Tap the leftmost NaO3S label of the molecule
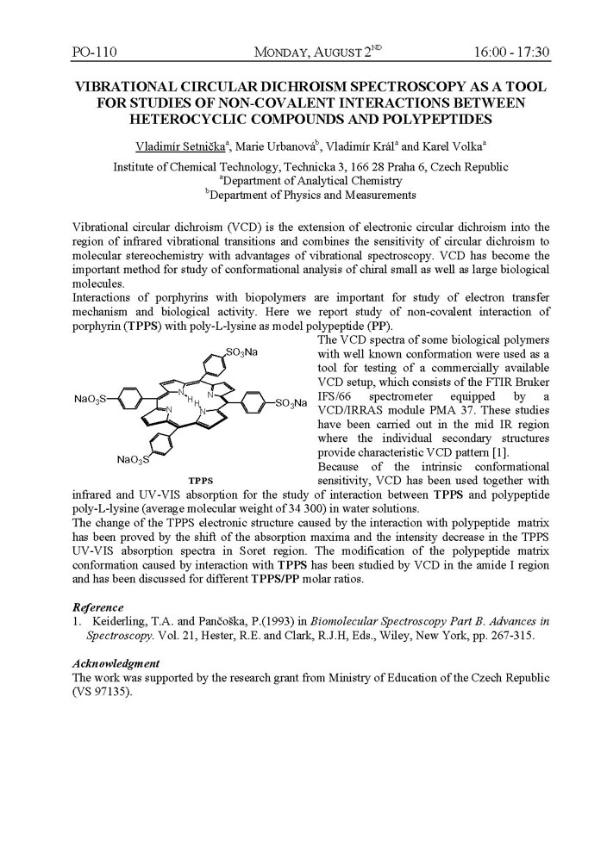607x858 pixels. (x=91, y=400)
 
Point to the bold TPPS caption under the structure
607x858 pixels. (x=201, y=479)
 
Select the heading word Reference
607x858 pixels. (x=98, y=607)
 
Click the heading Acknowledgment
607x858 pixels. (x=116, y=663)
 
